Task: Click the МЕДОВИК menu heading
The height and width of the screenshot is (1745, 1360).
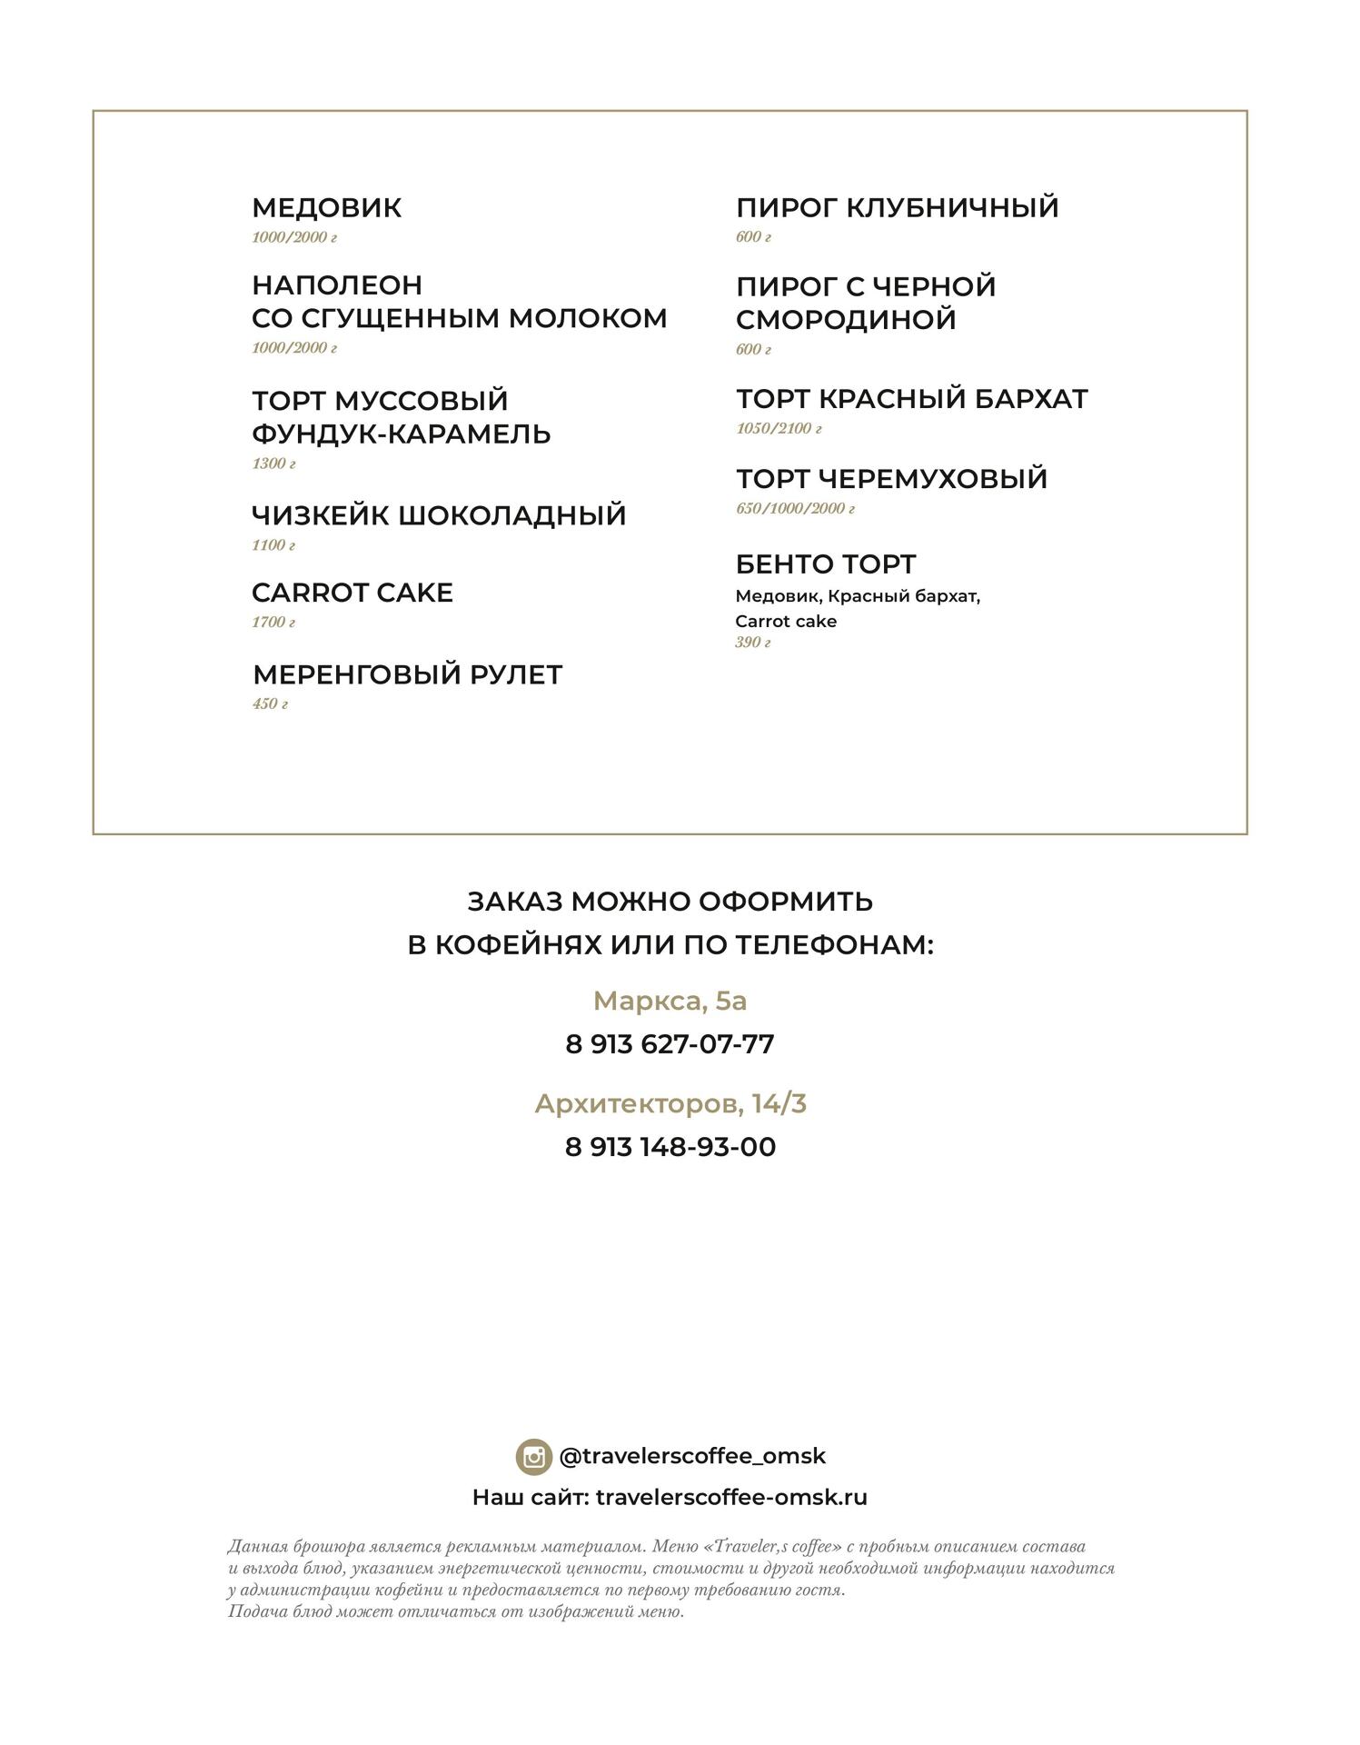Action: coord(326,208)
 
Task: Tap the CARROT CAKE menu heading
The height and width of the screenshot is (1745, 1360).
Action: coord(352,593)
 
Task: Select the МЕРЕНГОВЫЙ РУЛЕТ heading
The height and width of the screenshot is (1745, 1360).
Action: coord(407,674)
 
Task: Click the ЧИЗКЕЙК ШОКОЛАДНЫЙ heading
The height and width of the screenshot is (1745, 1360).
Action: coord(439,515)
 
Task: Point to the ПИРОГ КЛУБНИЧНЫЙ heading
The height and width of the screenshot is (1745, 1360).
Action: coord(897,207)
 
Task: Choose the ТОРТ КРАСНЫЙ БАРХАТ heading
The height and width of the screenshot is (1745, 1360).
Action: coord(911,399)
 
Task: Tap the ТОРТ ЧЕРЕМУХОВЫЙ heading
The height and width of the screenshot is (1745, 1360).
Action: coord(891,479)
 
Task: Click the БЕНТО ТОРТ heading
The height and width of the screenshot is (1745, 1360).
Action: coord(825,564)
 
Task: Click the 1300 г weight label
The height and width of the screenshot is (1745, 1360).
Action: coord(273,464)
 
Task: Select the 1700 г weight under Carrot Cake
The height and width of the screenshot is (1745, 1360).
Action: coord(273,623)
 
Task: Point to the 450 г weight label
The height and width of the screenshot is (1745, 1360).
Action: coord(270,703)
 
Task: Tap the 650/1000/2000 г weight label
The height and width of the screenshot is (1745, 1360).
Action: coord(795,508)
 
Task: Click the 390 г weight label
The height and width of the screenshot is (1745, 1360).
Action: coord(752,643)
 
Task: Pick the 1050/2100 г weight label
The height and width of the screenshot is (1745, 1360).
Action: coord(779,428)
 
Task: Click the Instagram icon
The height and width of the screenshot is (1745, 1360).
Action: coord(533,1457)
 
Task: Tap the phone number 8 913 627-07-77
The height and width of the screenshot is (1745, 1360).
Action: coord(670,1043)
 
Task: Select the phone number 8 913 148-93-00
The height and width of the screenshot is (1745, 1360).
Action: coord(670,1147)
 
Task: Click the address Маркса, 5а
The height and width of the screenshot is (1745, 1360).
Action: coord(670,1001)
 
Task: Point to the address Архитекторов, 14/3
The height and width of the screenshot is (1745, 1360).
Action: coord(670,1104)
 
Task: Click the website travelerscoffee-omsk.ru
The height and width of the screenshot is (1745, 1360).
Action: coord(731,1498)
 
